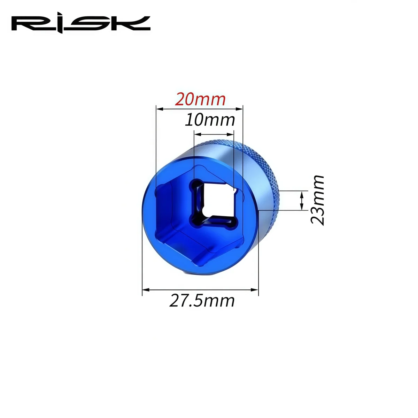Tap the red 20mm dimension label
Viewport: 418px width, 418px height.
pyautogui.click(x=200, y=99)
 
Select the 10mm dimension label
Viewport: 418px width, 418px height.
pyautogui.click(x=210, y=120)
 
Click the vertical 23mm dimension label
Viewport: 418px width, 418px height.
pyautogui.click(x=317, y=200)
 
